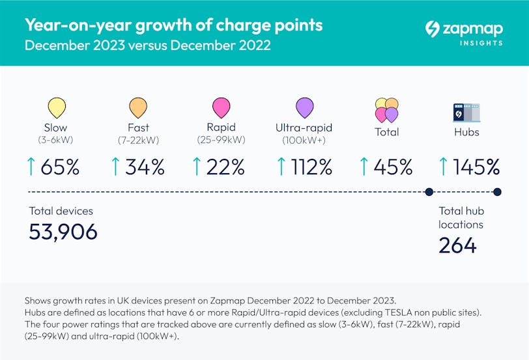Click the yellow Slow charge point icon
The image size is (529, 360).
[56, 107]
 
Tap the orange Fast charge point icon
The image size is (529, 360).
[138, 107]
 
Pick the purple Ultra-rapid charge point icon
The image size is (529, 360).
[304, 107]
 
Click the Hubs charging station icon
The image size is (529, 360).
[466, 111]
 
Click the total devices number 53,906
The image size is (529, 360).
[63, 231]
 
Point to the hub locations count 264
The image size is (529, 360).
[457, 245]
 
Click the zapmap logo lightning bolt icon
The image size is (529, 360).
[432, 29]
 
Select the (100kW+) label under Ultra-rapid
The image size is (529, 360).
[303, 141]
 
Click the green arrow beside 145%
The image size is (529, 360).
[444, 167]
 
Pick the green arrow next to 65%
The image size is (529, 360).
[31, 167]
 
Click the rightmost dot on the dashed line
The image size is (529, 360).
[498, 191]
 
